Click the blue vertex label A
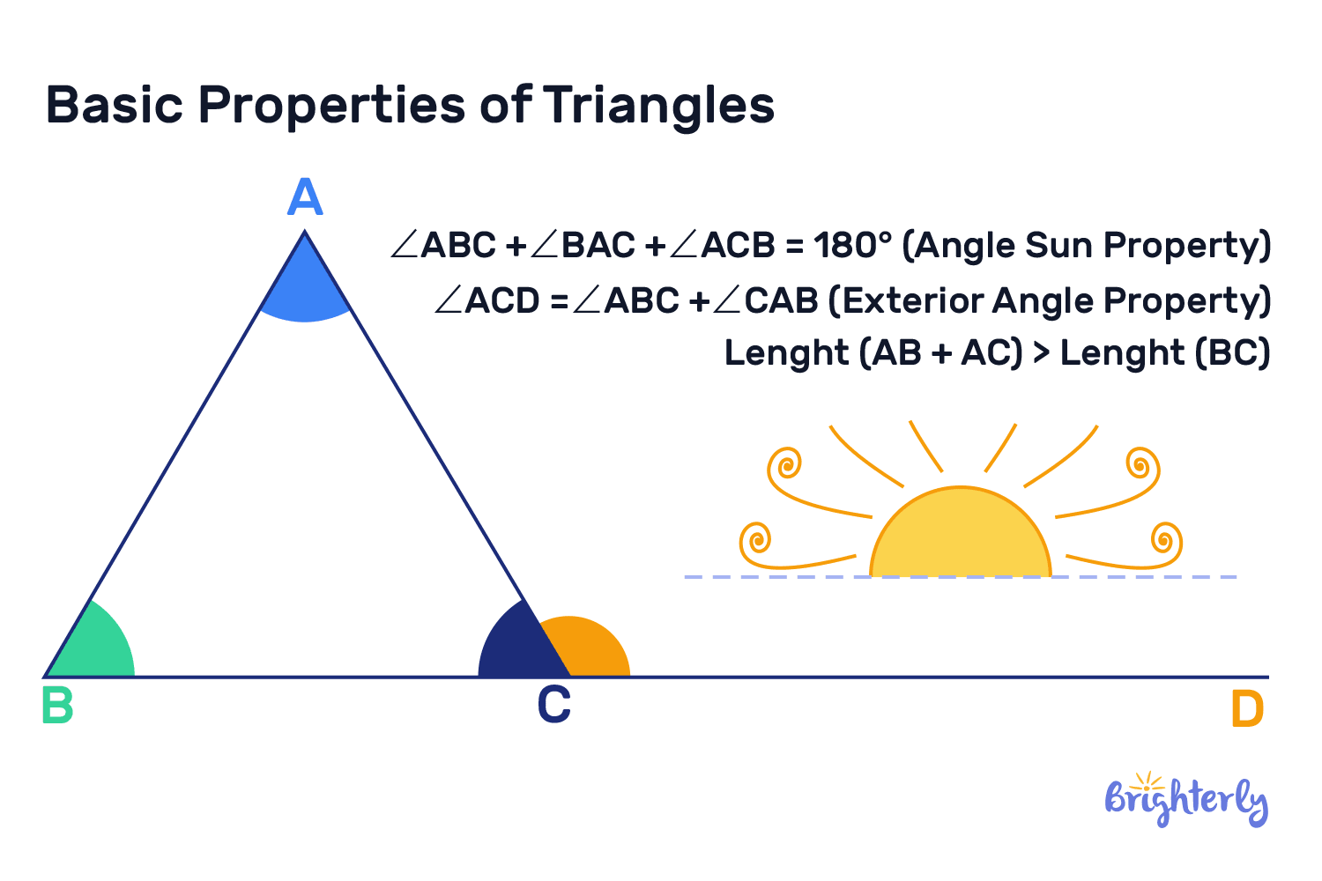305,197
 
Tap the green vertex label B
57,706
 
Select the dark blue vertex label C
554,706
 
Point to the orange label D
1247,710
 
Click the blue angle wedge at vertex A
305,291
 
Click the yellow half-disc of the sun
961,537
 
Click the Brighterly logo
1186,799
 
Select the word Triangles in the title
658,105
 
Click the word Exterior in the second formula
912,301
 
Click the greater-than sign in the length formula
1042,353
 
